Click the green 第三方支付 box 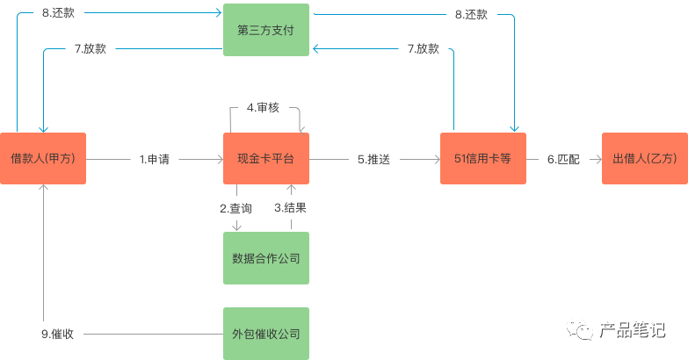click(266, 30)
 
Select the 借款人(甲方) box click(43, 158)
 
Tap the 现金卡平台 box click(266, 158)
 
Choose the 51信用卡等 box click(483, 158)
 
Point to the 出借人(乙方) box click(645, 158)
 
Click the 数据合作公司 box click(266, 258)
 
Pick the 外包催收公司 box click(266, 334)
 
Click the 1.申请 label click(155, 159)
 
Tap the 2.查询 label click(236, 208)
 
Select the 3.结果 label click(291, 208)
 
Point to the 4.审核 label click(263, 107)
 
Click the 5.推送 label click(373, 159)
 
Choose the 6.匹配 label click(563, 159)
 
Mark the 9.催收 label click(57, 335)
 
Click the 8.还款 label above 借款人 click(58, 12)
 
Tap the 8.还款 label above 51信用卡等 click(471, 14)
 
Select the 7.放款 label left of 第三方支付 click(91, 48)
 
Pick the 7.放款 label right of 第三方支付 click(424, 48)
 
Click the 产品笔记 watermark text click(633, 330)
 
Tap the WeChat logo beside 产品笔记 click(580, 329)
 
